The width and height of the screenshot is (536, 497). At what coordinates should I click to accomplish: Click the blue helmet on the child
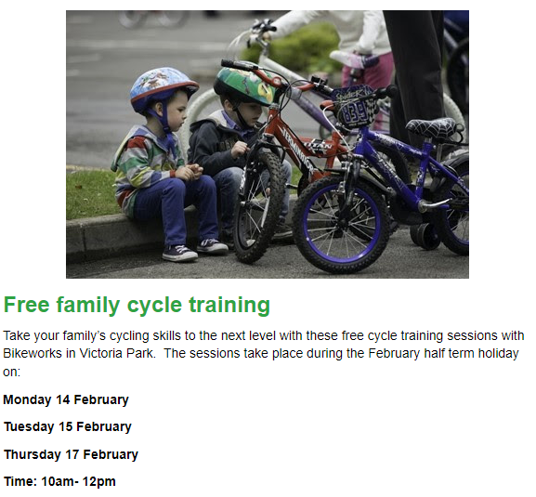(x=163, y=88)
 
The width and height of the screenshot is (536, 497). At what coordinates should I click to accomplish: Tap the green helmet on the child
(x=244, y=85)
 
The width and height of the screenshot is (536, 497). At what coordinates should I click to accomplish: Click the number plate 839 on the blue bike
(x=355, y=110)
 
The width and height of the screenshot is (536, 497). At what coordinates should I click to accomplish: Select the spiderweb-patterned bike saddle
(x=435, y=128)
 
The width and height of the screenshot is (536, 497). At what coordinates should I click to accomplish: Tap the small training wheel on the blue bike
(x=425, y=236)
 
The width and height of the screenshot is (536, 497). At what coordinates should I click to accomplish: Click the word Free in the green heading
(x=27, y=304)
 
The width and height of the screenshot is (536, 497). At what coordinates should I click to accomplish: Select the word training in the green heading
(x=229, y=306)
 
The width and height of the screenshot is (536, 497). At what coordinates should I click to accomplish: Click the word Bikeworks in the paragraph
(x=33, y=353)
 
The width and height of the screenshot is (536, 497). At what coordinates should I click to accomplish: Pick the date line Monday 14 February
(x=66, y=399)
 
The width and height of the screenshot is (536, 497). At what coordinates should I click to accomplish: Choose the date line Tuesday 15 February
(x=68, y=426)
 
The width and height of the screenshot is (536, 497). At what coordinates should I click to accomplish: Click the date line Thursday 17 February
(x=72, y=454)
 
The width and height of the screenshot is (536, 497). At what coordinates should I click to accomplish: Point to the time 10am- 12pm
(x=78, y=481)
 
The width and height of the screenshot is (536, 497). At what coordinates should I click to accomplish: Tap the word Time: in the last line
(x=20, y=481)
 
